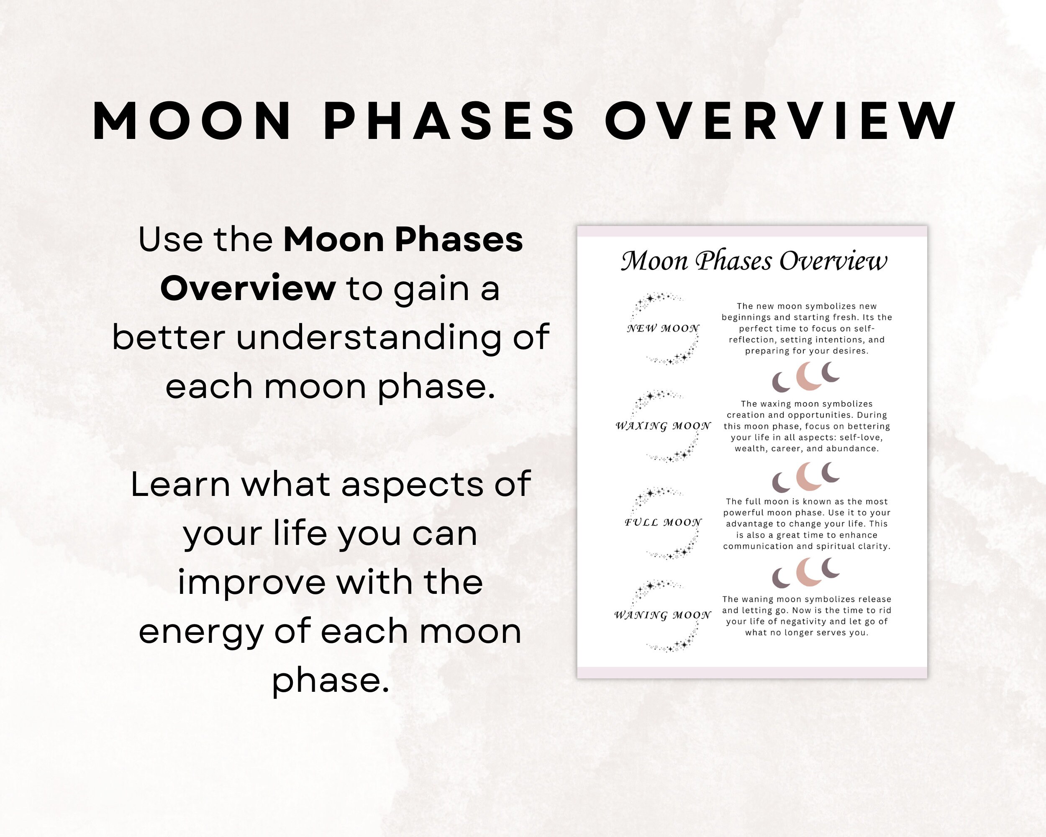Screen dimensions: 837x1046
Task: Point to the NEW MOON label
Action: point(663,329)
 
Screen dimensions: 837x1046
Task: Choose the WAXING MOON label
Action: point(663,426)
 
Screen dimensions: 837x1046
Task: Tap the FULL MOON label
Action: point(663,523)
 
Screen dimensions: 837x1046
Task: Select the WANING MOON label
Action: point(663,615)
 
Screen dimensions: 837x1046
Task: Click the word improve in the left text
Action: point(251,582)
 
